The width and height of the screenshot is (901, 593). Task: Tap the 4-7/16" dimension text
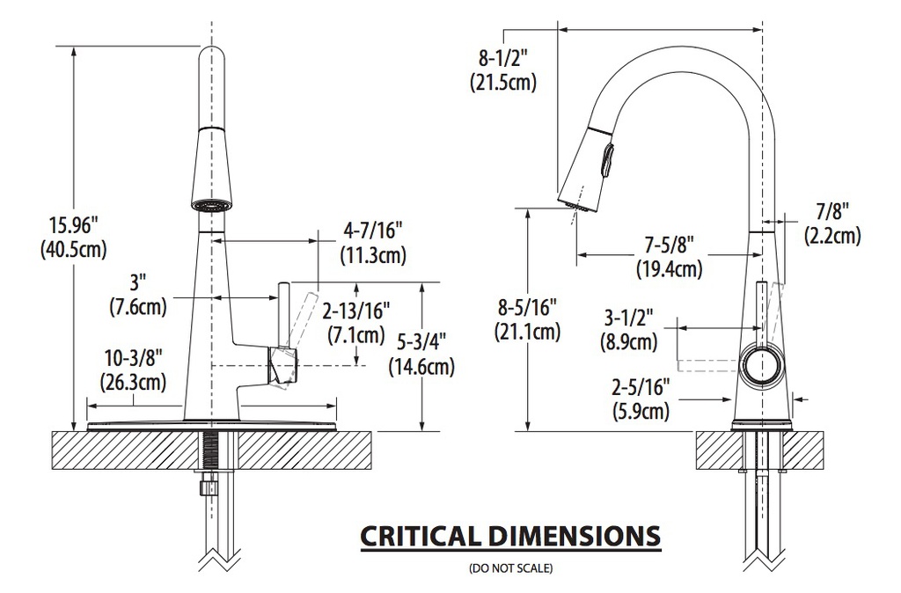coord(372,231)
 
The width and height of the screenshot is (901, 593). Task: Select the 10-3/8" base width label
coord(134,359)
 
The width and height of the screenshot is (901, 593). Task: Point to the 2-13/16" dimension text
coord(356,311)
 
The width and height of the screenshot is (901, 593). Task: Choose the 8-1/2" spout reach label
coord(502,59)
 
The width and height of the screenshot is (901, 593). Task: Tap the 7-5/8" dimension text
coord(670,245)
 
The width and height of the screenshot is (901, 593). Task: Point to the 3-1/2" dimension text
coord(628,318)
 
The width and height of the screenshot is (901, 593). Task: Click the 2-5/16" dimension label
coord(641,387)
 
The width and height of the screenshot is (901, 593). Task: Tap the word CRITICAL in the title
coord(419,536)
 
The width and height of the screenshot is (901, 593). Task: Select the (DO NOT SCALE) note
coord(511,568)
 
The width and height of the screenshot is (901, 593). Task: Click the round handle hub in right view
coord(763,367)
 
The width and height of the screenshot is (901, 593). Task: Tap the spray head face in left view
coord(211,205)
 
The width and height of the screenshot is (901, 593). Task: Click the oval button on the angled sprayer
coord(607,161)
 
